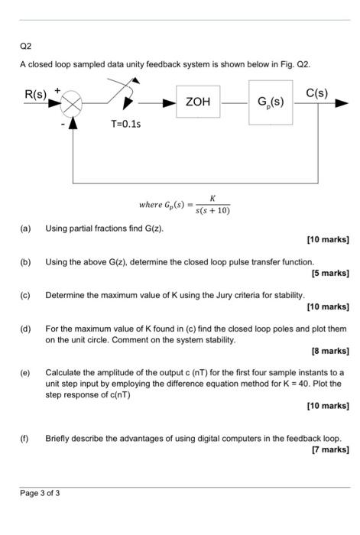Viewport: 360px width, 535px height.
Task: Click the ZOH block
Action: click(x=198, y=102)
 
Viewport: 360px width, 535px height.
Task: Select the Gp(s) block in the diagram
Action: click(x=271, y=102)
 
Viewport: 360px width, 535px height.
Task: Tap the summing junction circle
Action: click(x=71, y=103)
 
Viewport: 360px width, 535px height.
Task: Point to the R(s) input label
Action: click(x=35, y=94)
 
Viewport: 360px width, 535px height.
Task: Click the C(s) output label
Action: click(x=316, y=92)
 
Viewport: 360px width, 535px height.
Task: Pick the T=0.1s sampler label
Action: click(x=125, y=124)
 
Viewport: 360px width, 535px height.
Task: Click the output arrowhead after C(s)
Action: click(x=342, y=103)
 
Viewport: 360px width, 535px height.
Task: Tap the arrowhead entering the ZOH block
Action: click(x=169, y=103)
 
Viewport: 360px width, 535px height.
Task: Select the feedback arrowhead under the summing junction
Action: click(x=73, y=123)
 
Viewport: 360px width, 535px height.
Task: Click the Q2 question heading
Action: click(x=25, y=46)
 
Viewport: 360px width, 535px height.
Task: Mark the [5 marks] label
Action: click(x=330, y=274)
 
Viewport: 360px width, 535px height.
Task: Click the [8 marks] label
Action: click(x=330, y=351)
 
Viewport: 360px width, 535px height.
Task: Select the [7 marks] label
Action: click(x=331, y=449)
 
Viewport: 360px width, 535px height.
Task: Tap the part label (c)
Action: click(x=25, y=295)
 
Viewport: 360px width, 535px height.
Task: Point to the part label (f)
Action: click(x=24, y=439)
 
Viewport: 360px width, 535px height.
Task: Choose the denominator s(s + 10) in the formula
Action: click(x=212, y=210)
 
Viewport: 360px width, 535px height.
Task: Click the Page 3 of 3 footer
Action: click(x=40, y=493)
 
